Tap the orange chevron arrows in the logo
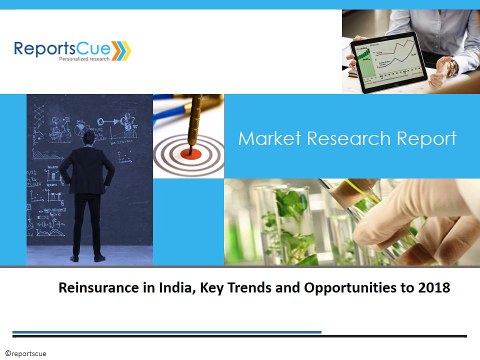[x=120, y=47]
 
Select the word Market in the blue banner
[x=268, y=138]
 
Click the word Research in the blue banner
[x=342, y=138]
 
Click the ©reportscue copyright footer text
[x=27, y=353]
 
